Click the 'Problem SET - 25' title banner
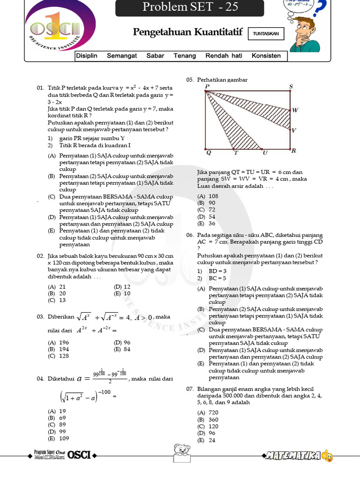pos(190,7)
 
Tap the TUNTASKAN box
pos(265,34)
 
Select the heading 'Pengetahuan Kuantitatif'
pos(187,32)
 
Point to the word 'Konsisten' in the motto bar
pos(266,56)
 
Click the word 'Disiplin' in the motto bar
pos(87,56)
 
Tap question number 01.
pos(40,88)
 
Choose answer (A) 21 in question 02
pos(57,286)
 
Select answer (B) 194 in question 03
pos(59,349)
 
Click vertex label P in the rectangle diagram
pos(207,87)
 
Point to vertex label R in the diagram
pos(293,151)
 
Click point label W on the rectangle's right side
pos(295,111)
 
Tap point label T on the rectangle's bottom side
pos(236,153)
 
